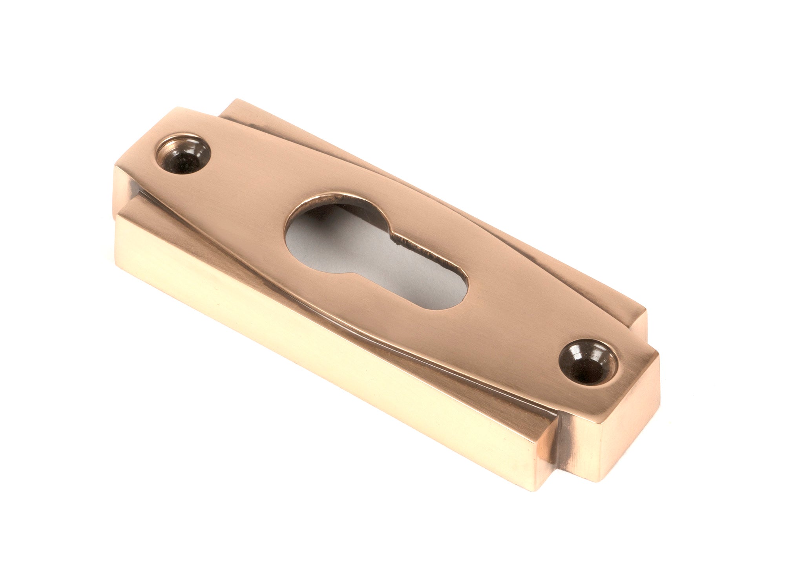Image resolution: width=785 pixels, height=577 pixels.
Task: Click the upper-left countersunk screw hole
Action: click(x=183, y=154)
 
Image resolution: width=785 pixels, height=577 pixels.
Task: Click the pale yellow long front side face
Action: click(x=314, y=354)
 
